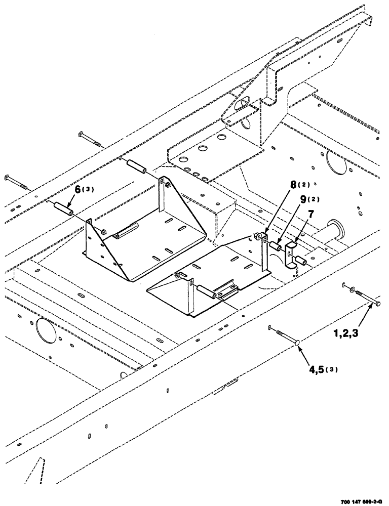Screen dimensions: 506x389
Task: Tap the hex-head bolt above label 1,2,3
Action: (x=366, y=298)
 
